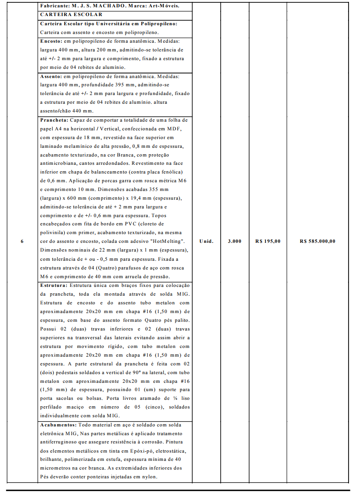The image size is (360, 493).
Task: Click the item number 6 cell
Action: [x=22, y=241]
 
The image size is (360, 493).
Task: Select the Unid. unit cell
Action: [x=206, y=241]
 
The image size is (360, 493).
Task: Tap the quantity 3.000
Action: [x=234, y=241]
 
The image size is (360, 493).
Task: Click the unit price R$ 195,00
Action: [x=268, y=241]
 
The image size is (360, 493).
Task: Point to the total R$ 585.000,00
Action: [x=317, y=241]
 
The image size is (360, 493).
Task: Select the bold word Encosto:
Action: [x=51, y=41]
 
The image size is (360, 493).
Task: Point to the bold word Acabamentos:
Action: [x=59, y=425]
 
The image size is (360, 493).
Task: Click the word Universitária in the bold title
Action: [x=107, y=23]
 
